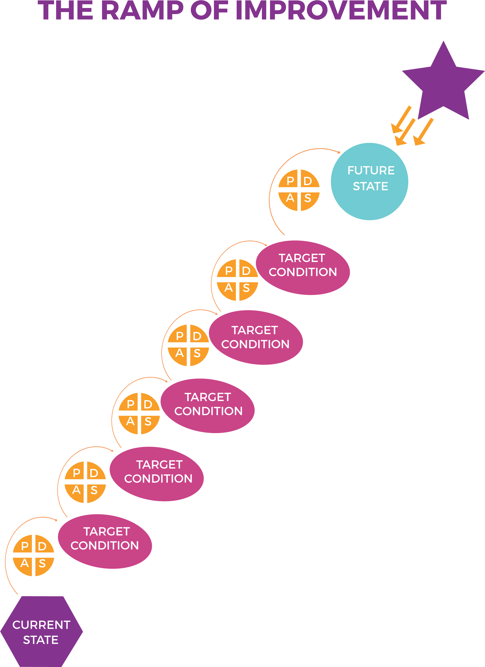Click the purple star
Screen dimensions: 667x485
[443, 84]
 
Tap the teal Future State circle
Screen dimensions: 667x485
[369, 182]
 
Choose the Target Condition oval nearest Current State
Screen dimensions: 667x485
[105, 541]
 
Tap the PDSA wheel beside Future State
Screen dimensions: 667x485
[299, 190]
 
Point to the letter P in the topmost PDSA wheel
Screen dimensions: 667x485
[290, 181]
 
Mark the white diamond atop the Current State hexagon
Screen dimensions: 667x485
[19, 595]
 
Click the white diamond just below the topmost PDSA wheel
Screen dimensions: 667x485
[286, 236]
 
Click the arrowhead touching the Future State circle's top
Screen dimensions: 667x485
[339, 152]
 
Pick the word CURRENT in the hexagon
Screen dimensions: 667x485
[41, 625]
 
